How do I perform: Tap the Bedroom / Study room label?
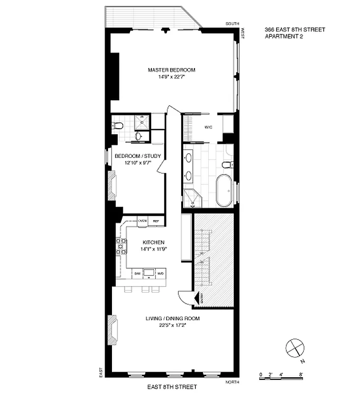(138, 156)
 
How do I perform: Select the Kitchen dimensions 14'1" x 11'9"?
(153, 249)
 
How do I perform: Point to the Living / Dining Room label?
(172, 318)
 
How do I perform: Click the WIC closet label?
(208, 127)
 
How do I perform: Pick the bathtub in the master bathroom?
(225, 190)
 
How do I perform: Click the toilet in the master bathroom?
(227, 165)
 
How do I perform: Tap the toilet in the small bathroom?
(117, 126)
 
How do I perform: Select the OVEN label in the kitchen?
(142, 221)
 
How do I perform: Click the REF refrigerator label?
(156, 222)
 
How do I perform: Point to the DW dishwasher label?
(138, 273)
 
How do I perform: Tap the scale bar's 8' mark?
(301, 375)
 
